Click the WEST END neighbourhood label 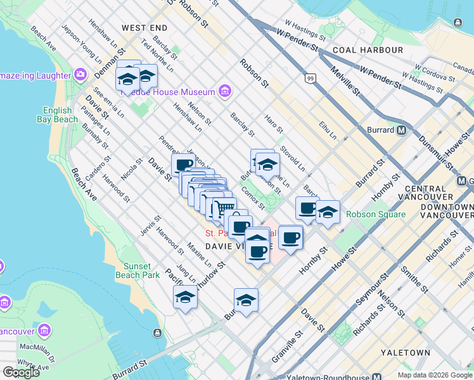(x=144, y=28)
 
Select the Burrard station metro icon (x=400, y=130)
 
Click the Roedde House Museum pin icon (x=224, y=92)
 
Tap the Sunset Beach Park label (x=138, y=270)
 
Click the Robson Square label (x=376, y=214)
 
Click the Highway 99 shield (x=310, y=79)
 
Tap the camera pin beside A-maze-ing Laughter (x=80, y=75)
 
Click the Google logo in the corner (x=21, y=372)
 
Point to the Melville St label (x=349, y=82)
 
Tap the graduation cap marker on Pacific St (x=185, y=296)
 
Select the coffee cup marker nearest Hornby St (x=290, y=238)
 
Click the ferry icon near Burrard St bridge (x=157, y=332)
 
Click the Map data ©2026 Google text (x=435, y=375)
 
